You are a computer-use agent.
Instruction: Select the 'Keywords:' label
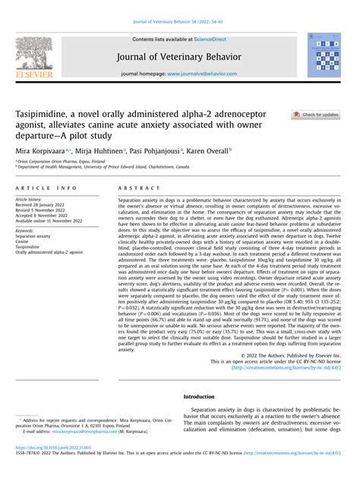click(x=25, y=229)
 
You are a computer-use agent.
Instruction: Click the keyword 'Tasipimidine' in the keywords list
click(x=29, y=247)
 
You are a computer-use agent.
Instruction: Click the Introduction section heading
click(x=201, y=397)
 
